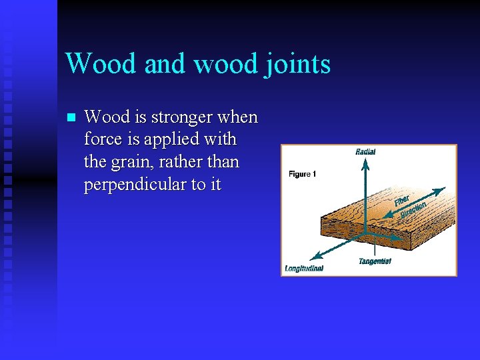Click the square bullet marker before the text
(72, 118)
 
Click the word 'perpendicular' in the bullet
(136, 185)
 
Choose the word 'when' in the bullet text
(238, 117)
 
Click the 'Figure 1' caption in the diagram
(302, 174)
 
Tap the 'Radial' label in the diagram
(365, 152)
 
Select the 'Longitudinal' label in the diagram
(304, 268)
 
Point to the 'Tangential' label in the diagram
(375, 261)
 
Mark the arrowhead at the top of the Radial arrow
(365, 160)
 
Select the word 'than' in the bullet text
(224, 163)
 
